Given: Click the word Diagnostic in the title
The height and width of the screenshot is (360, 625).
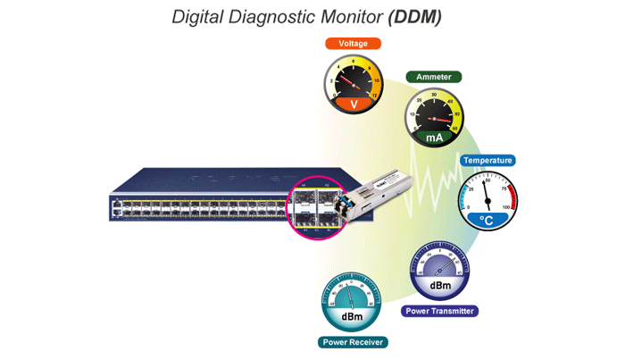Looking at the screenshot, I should (271, 17).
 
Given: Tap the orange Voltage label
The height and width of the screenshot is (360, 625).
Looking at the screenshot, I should (352, 43).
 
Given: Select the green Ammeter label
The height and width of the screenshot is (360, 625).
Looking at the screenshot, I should (433, 78).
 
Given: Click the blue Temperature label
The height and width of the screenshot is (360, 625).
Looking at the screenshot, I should (487, 161).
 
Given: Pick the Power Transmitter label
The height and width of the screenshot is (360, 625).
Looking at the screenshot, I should (439, 312).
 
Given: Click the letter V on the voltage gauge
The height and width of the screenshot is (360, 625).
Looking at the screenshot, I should (353, 105).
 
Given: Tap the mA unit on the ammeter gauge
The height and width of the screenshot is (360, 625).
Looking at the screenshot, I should (433, 138).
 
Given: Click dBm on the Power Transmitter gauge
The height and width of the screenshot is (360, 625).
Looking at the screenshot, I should (439, 285).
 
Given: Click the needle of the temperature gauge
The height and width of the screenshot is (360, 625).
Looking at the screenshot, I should (487, 192).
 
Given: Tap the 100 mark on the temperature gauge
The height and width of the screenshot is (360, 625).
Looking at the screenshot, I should (508, 207).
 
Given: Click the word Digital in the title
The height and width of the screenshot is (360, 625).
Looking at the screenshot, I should (200, 17).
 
